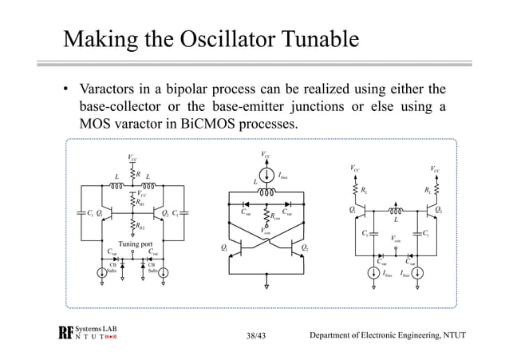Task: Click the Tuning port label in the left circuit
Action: tap(135, 243)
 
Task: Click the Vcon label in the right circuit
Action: tap(396, 238)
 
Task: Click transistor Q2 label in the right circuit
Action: tap(438, 210)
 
